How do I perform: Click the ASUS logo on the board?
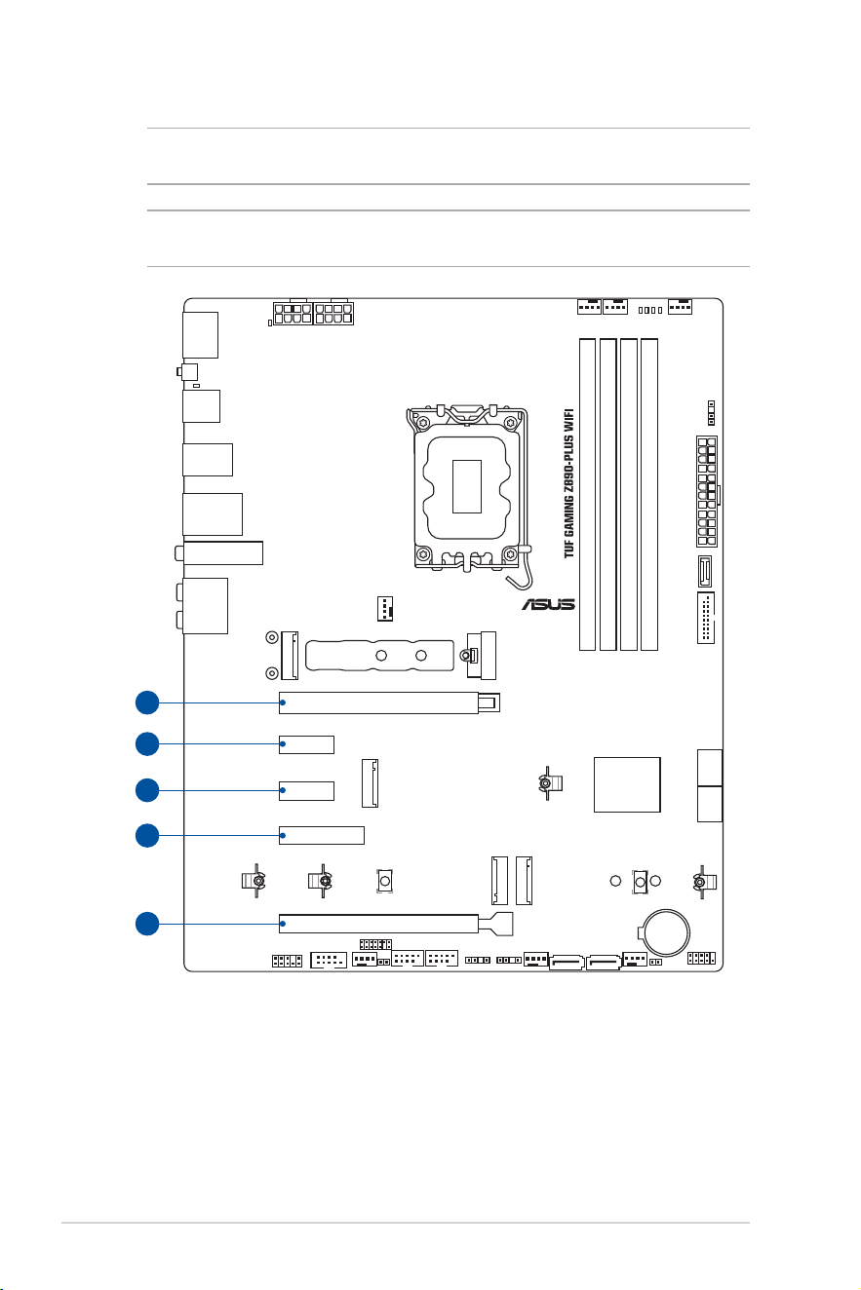tap(548, 604)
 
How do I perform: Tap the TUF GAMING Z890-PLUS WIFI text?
tap(568, 483)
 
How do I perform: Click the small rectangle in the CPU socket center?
tap(467, 486)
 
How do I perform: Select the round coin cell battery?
tap(667, 932)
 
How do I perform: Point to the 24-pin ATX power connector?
tap(707, 491)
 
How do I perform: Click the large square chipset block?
tap(627, 784)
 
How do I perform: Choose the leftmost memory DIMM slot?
tap(587, 495)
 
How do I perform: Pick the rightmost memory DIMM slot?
tap(649, 495)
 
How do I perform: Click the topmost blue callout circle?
tap(147, 702)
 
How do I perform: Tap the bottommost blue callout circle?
tap(147, 924)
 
